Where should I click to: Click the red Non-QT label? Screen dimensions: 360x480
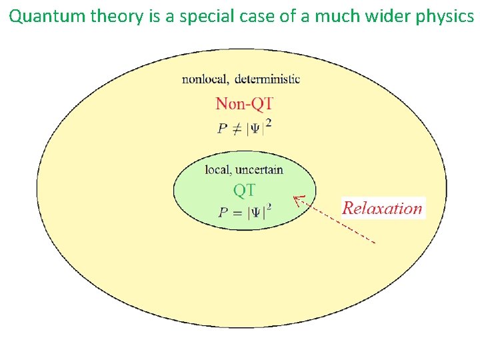(244, 103)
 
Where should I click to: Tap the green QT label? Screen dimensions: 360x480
(244, 190)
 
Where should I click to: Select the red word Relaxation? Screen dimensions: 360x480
(383, 208)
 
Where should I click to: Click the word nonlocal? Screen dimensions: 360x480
(205, 79)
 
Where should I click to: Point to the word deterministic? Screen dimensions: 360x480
(267, 79)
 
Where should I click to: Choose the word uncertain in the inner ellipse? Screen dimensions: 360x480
(259, 169)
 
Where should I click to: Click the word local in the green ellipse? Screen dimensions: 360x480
(217, 169)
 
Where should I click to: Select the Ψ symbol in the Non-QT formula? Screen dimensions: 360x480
(257, 127)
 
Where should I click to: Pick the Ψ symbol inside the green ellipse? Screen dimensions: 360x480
(257, 213)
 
